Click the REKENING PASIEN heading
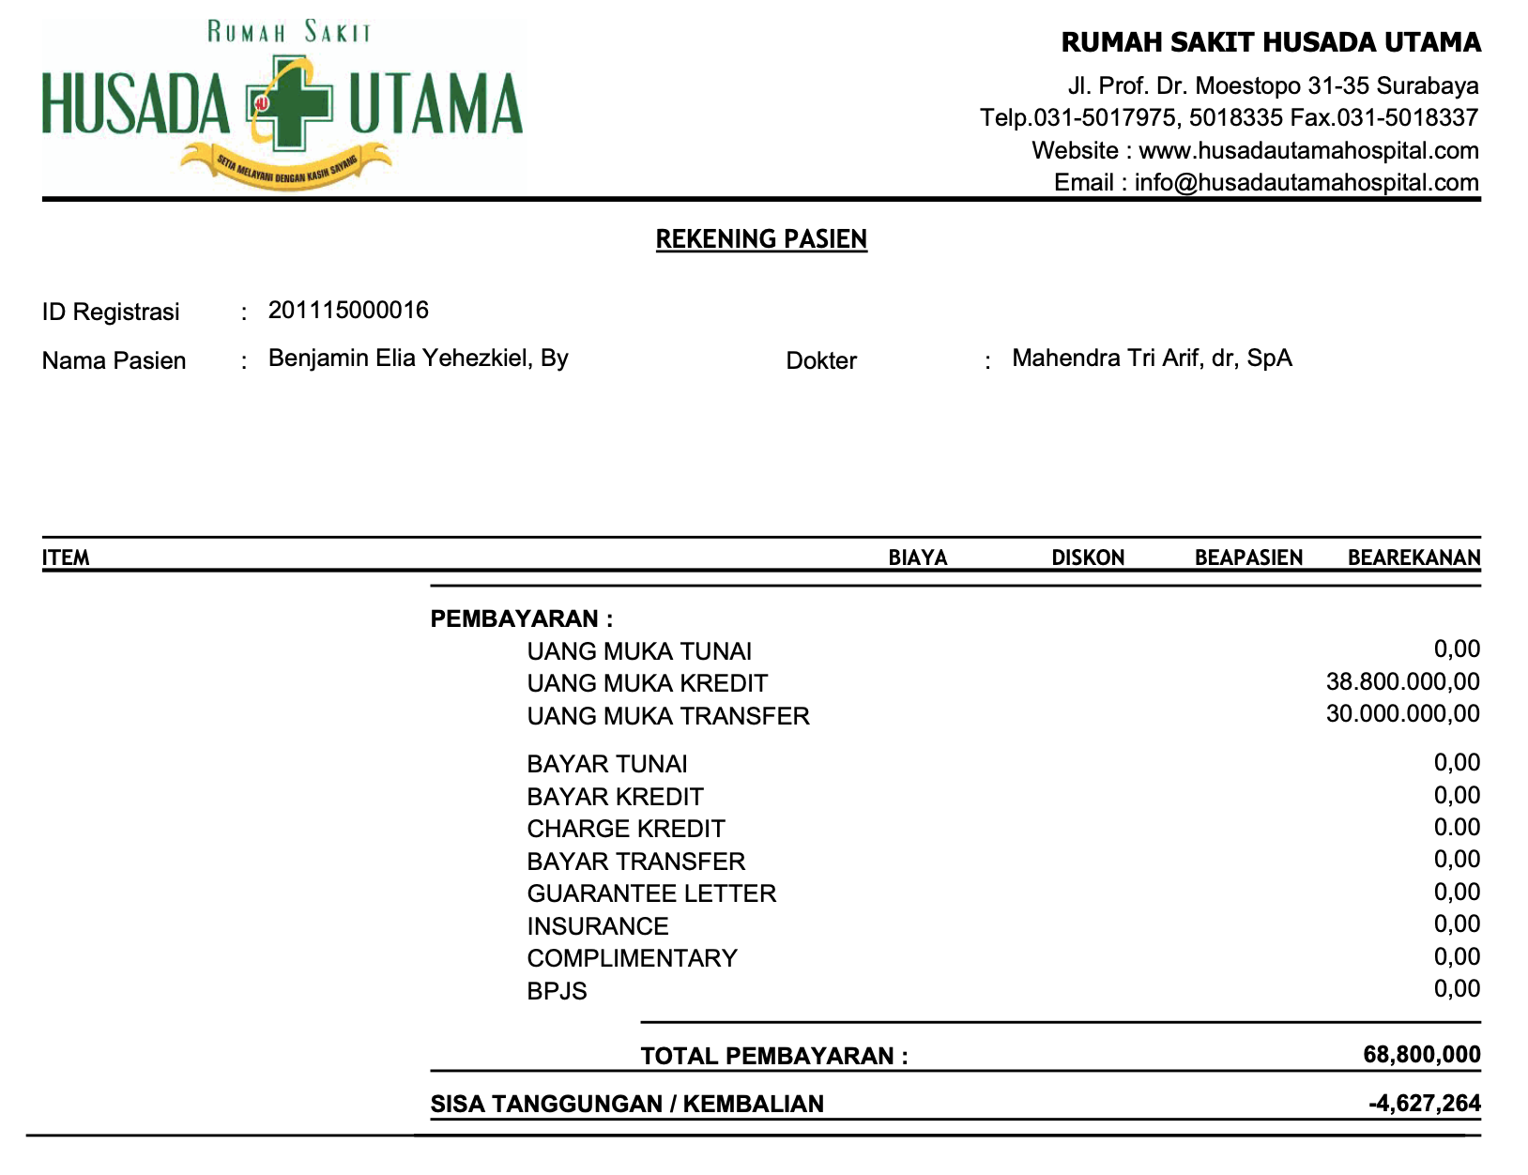[x=761, y=239]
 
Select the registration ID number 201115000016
[x=348, y=311]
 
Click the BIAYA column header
[x=918, y=557]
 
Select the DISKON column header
[x=1088, y=557]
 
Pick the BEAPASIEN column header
[x=1248, y=557]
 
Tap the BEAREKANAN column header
[x=1413, y=557]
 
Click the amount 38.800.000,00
[x=1403, y=682]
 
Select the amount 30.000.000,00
[x=1403, y=714]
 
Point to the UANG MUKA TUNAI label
[x=639, y=651]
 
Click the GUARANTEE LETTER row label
[x=651, y=893]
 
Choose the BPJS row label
[x=557, y=991]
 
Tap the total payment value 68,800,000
[x=1422, y=1055]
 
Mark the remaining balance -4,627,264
[x=1425, y=1104]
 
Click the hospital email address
[x=1306, y=183]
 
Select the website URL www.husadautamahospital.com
[x=1308, y=151]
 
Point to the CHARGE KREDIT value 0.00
[x=1457, y=828]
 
